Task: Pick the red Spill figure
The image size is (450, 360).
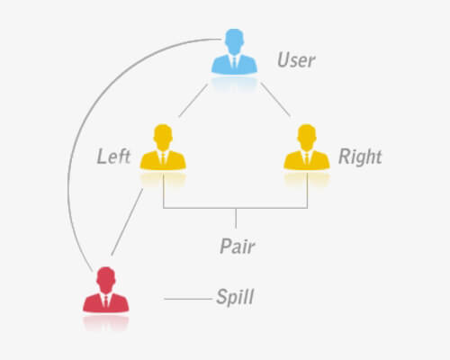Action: click(x=106, y=290)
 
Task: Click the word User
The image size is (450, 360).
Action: click(x=296, y=60)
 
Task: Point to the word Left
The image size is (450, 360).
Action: click(x=113, y=157)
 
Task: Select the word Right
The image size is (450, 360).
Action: click(x=360, y=157)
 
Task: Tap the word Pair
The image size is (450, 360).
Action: click(x=238, y=247)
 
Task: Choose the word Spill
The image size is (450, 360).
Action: click(x=235, y=297)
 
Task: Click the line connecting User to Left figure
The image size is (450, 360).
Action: click(x=193, y=101)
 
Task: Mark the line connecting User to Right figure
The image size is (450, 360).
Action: click(x=275, y=99)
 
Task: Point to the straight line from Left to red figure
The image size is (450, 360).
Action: click(x=127, y=222)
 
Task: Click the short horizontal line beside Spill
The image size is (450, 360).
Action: click(x=188, y=299)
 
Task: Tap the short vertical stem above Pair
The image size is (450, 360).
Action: click(x=236, y=218)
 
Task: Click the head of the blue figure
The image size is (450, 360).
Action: click(x=234, y=40)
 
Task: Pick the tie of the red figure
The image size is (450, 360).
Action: click(x=105, y=301)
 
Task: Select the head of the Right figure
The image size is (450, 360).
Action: click(x=307, y=137)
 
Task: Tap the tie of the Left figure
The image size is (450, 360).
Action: click(x=163, y=158)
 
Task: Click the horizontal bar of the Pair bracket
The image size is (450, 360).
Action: click(x=235, y=208)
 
